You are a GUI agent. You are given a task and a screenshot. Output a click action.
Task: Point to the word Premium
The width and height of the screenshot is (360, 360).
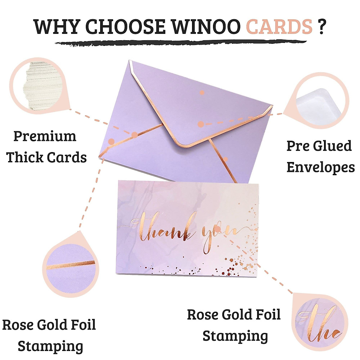click(45, 136)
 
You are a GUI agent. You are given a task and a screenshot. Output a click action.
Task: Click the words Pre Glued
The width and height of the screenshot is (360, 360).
click(319, 146)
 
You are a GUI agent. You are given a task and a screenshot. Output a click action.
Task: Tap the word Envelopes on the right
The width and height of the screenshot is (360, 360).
click(320, 167)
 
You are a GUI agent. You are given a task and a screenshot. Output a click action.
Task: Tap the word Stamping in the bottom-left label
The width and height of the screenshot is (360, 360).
click(50, 346)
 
